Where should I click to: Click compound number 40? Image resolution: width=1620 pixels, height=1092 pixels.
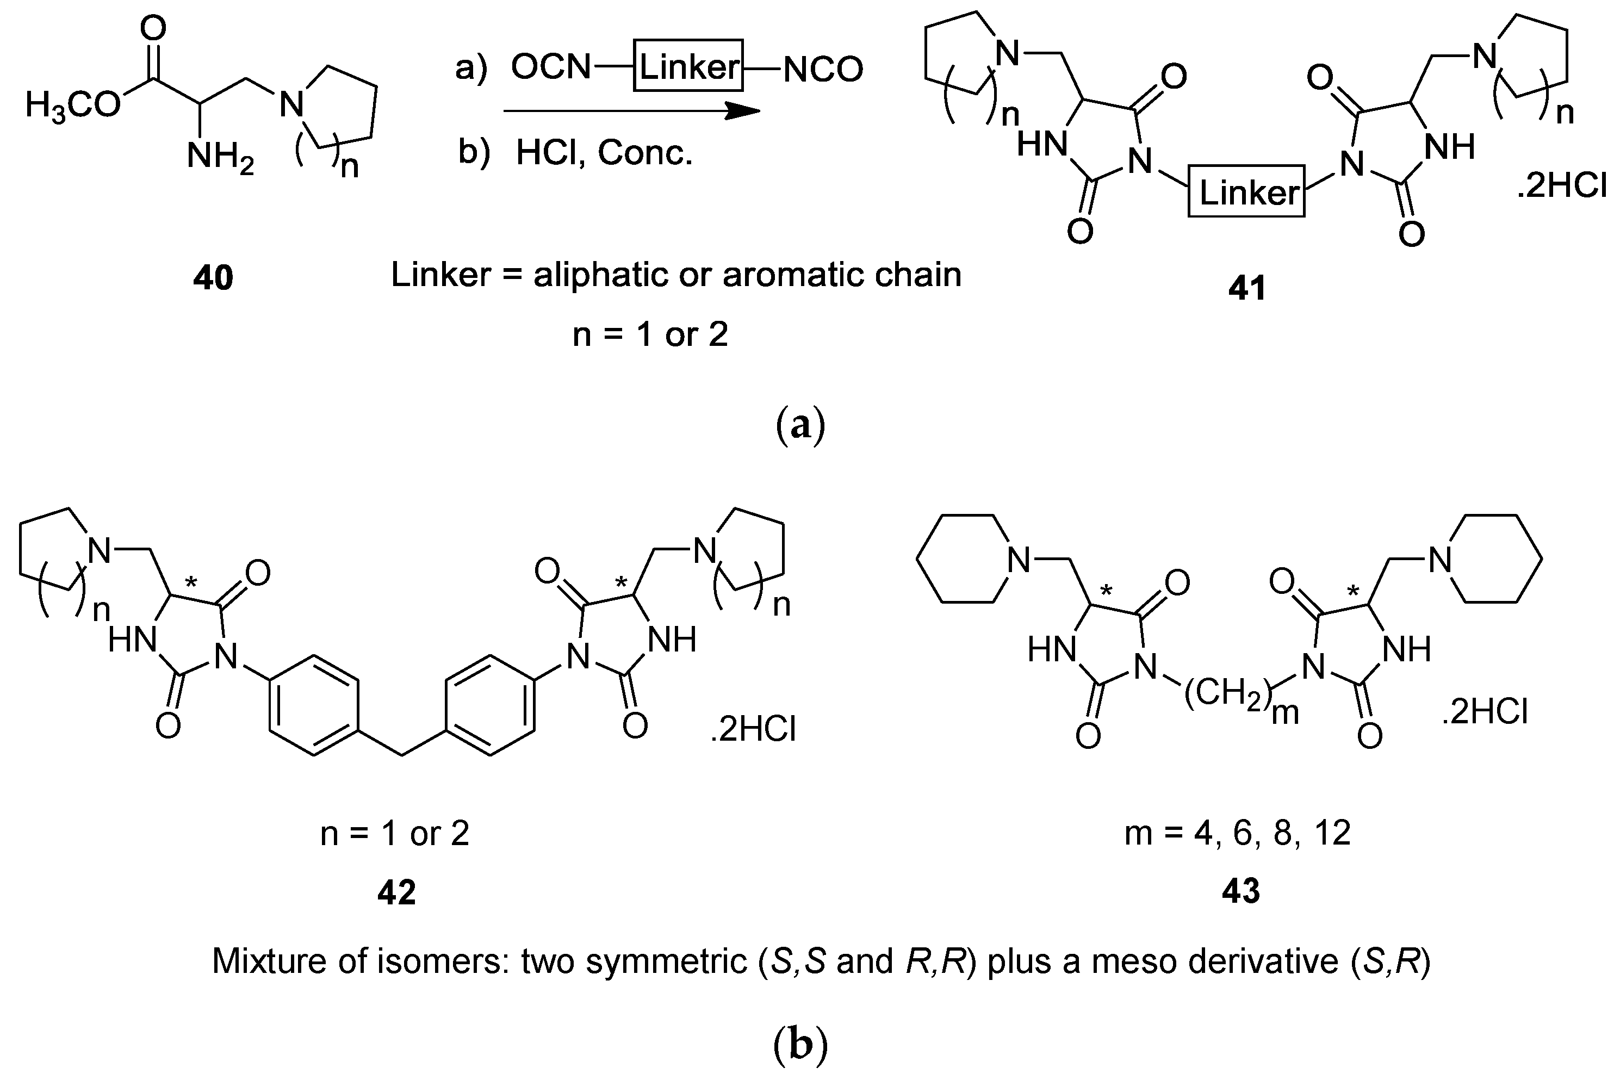[213, 278]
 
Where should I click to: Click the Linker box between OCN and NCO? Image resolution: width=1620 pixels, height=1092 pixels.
[688, 67]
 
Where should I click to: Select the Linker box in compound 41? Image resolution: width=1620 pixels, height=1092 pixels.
[1246, 191]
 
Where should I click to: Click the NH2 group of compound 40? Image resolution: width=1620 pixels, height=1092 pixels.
[219, 157]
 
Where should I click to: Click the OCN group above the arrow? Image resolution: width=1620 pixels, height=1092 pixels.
[550, 67]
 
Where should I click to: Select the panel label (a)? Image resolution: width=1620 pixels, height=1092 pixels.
[800, 424]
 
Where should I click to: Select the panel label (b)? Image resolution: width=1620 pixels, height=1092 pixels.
[800, 1045]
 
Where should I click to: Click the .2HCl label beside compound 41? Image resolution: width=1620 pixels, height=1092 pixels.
[1561, 187]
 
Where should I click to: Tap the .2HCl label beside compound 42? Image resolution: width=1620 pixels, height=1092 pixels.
[753, 729]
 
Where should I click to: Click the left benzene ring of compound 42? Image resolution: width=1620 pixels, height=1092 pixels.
[314, 704]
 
